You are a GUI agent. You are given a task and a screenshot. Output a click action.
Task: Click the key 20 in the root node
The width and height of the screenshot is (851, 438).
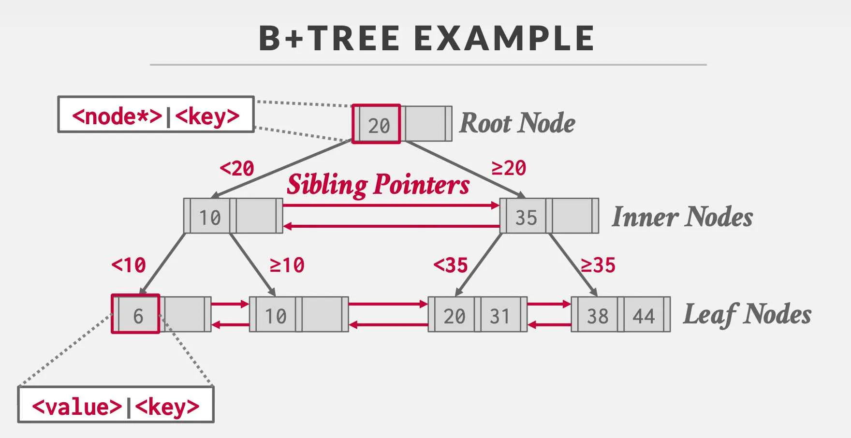click(379, 126)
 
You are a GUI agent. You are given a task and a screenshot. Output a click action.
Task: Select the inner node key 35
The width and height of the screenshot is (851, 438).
click(526, 217)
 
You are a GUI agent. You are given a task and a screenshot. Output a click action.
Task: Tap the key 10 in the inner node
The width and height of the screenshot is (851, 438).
click(210, 218)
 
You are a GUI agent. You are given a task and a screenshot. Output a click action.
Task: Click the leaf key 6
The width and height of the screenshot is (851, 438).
click(138, 316)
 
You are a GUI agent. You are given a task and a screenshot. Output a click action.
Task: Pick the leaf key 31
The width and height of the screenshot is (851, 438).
click(499, 316)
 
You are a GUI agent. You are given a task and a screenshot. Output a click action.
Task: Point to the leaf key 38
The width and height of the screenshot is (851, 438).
click(598, 316)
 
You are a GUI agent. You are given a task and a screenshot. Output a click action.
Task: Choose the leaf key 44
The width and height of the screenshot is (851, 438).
click(644, 316)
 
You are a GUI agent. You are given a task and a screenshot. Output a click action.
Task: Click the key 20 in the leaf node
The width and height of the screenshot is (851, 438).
click(454, 316)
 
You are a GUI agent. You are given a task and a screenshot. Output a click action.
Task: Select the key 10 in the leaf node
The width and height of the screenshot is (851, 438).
click(276, 316)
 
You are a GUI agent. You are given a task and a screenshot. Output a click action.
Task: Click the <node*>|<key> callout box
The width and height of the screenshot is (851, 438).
click(156, 115)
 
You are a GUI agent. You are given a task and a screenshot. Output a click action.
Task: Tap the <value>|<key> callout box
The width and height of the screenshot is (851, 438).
click(116, 406)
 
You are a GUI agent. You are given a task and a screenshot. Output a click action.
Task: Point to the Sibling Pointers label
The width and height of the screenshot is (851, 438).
click(378, 185)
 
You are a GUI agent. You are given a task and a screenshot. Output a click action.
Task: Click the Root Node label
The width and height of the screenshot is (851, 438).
click(517, 123)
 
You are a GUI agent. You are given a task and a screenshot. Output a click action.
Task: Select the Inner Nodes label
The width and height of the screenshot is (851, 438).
click(682, 217)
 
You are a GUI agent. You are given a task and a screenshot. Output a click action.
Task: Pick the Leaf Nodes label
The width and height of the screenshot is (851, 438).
click(747, 314)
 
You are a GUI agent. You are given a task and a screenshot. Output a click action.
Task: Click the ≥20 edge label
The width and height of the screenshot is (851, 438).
click(509, 168)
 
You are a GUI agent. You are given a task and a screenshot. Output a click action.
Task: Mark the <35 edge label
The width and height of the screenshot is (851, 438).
click(451, 265)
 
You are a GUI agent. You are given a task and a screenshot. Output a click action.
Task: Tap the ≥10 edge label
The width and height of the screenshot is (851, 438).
click(287, 265)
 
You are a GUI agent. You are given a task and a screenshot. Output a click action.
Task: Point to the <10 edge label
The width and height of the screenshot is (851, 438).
click(129, 265)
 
